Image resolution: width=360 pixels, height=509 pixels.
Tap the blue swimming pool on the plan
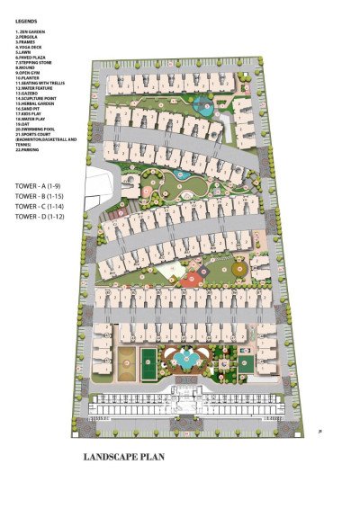click(x=188, y=361)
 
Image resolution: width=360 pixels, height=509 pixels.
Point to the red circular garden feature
click(x=186, y=282)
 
